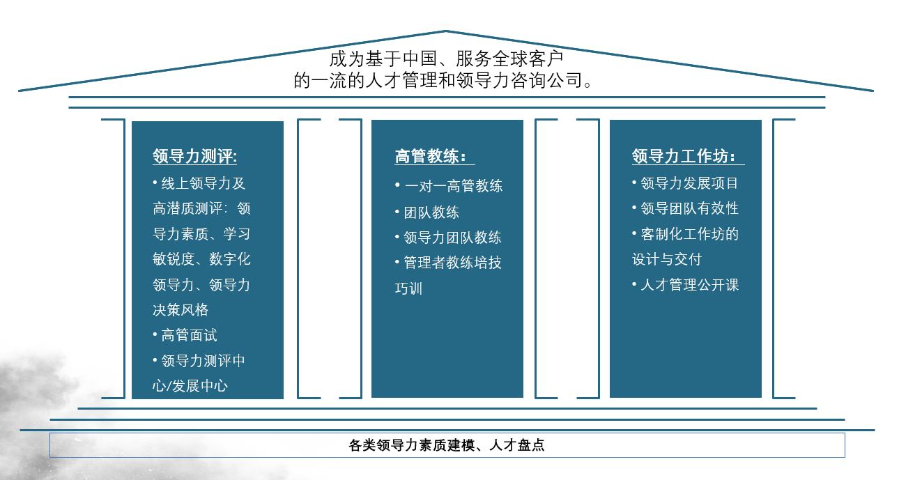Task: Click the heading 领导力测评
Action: click(x=194, y=156)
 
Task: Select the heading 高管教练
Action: click(x=430, y=156)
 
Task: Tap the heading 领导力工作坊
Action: click(x=684, y=156)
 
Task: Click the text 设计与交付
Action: click(x=667, y=259)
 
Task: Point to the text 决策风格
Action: click(x=180, y=310)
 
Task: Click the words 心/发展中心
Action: click(x=190, y=386)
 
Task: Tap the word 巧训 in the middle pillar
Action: click(x=408, y=288)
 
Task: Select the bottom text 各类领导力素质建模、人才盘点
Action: click(x=446, y=445)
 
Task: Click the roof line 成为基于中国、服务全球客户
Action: click(x=446, y=59)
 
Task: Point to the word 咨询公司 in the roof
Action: click(x=546, y=80)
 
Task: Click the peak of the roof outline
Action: click(x=446, y=31)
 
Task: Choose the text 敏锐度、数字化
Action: click(x=201, y=259)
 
